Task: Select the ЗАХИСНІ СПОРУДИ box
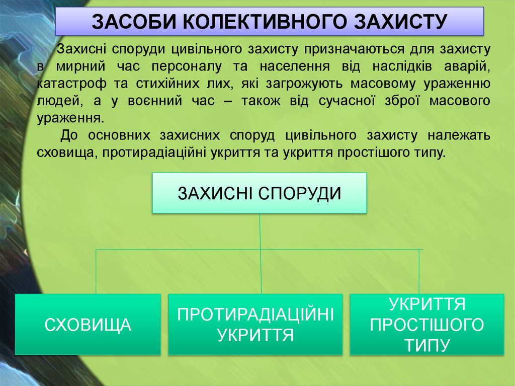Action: [x=260, y=193]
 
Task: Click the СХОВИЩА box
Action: [x=88, y=325]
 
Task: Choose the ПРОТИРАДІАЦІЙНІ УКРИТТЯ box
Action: [x=255, y=325]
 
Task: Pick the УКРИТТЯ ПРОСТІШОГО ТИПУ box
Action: [x=426, y=325]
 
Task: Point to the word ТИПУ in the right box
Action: [x=426, y=345]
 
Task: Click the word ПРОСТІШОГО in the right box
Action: [x=426, y=325]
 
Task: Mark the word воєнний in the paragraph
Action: [x=165, y=101]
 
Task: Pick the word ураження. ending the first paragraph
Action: [x=70, y=119]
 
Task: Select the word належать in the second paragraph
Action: [x=460, y=135]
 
